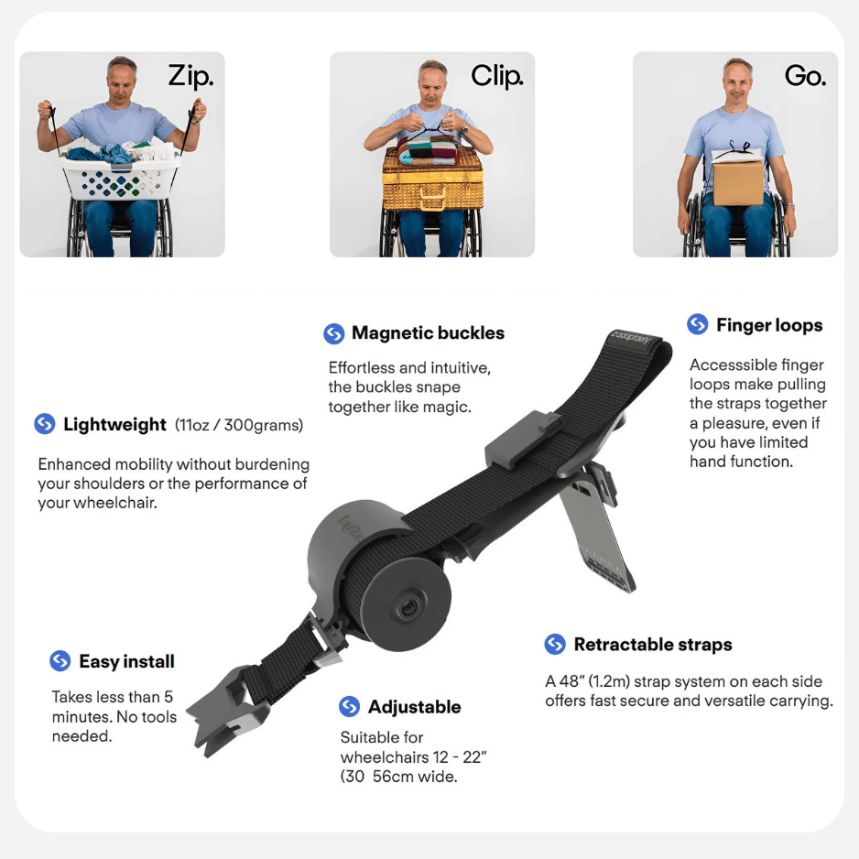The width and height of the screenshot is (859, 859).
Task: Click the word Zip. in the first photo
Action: pyautogui.click(x=190, y=76)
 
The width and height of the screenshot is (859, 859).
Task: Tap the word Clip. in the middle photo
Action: pyautogui.click(x=497, y=76)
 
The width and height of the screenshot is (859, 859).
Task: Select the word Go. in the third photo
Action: pyautogui.click(x=805, y=76)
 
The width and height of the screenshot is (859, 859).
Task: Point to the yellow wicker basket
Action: pyautogui.click(x=433, y=179)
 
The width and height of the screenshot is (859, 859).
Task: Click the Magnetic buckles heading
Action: pyautogui.click(x=428, y=333)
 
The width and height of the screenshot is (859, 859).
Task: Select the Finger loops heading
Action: pyautogui.click(x=769, y=325)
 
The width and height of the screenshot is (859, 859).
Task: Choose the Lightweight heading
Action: pyautogui.click(x=114, y=425)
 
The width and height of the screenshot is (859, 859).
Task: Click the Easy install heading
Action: pyautogui.click(x=126, y=661)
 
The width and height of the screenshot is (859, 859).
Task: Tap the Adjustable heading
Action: pyautogui.click(x=414, y=707)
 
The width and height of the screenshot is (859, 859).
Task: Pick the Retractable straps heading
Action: pyautogui.click(x=652, y=645)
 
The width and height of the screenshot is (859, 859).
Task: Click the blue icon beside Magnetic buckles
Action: pyautogui.click(x=333, y=333)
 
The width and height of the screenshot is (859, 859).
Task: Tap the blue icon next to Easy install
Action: pyautogui.click(x=60, y=660)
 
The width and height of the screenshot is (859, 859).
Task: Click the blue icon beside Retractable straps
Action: pyautogui.click(x=555, y=644)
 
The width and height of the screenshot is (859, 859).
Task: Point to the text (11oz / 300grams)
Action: pyautogui.click(x=239, y=425)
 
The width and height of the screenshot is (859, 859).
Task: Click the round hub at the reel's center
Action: pyautogui.click(x=407, y=607)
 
